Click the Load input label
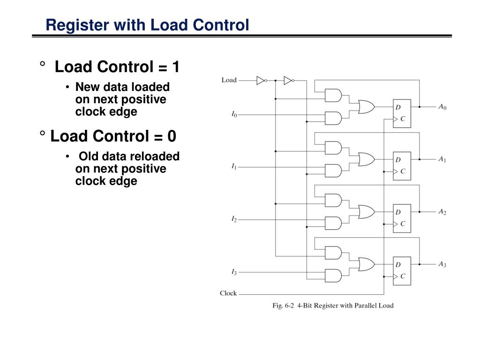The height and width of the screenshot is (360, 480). pos(229,80)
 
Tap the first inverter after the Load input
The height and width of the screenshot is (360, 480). pos(261,81)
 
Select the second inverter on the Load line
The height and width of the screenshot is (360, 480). pos(288,81)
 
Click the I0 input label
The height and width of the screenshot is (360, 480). pos(234,114)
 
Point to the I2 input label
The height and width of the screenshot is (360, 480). pos(234,219)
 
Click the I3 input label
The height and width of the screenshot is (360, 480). pos(234,272)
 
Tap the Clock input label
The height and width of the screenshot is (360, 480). pos(228,293)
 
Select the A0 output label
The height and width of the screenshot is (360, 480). pos(442,107)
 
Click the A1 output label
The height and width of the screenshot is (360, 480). pos(442,159)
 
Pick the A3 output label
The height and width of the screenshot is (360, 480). pos(442,264)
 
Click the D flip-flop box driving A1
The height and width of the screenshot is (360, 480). pos(402,165)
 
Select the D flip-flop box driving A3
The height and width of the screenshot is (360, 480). pos(402,270)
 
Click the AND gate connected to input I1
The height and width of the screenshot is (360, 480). pos(333,171)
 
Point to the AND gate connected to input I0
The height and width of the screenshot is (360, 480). pos(333,118)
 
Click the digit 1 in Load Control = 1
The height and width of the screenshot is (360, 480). pos(175,67)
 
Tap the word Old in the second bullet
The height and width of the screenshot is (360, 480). pos(89,156)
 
